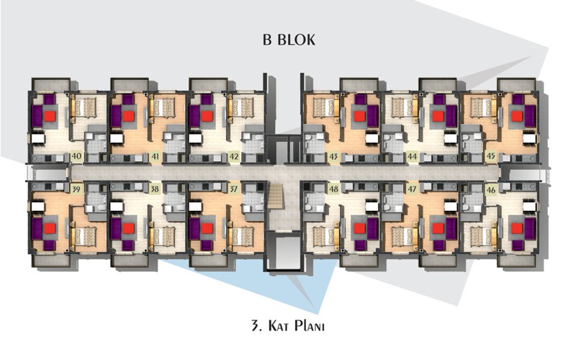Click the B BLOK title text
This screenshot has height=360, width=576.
coord(289,40)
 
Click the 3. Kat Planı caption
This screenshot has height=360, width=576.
coord(288,326)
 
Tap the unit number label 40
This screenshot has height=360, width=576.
coord(76,156)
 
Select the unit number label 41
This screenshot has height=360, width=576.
coord(156,157)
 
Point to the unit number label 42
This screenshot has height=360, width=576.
coord(234,157)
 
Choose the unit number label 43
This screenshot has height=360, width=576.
coord(333,157)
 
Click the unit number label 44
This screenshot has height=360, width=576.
coord(412,157)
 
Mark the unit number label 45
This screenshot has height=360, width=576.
coord(491,156)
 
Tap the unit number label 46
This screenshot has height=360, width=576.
coord(491,190)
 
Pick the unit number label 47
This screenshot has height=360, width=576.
coord(412,189)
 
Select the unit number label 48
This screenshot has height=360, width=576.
coord(333,189)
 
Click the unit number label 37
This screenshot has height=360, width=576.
coord(234,189)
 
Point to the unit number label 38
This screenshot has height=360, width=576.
coord(156,189)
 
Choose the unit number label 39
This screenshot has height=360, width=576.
coord(76,189)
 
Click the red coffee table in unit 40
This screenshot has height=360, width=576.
coord(50,117)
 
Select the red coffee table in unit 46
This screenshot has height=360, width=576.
coord(517,228)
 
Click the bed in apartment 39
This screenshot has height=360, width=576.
coord(84,236)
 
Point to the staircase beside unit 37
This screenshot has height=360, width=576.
coord(277,201)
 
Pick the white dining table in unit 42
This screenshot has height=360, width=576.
coord(195,138)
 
